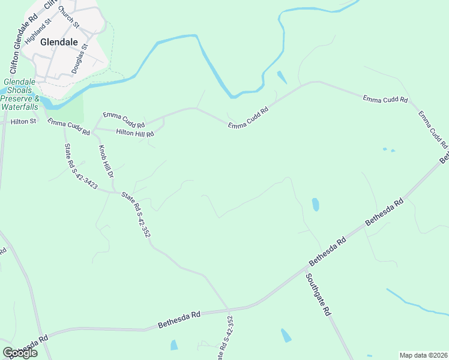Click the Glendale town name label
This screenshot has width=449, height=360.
(59, 43)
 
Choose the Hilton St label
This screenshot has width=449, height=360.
(24, 121)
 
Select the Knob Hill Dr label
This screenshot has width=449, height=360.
(106, 163)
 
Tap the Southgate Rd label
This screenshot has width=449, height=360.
(318, 295)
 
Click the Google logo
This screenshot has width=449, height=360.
(20, 353)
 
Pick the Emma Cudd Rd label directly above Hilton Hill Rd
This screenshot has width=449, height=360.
(124, 116)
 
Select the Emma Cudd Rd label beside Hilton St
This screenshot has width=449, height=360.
(68, 127)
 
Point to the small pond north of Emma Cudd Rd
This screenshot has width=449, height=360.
(282, 77)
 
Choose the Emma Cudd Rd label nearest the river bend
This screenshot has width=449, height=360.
(247, 117)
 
